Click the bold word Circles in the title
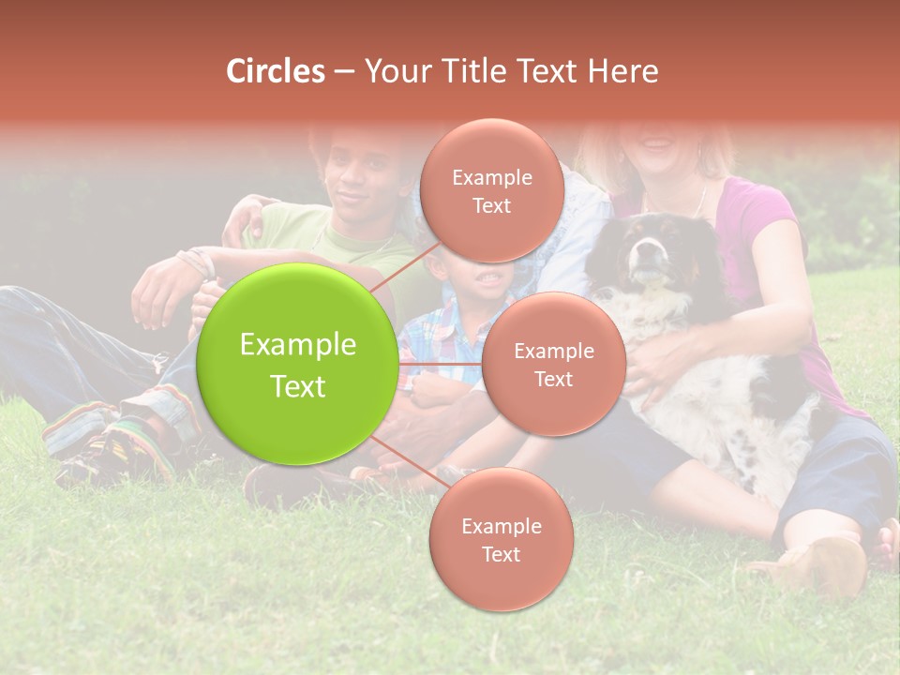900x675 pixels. [x=275, y=71]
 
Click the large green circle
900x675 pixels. [x=297, y=364]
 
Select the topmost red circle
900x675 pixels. [x=491, y=190]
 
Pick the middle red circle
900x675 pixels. [x=553, y=364]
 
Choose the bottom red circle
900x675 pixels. [x=501, y=539]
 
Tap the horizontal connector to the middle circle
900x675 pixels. [x=439, y=363]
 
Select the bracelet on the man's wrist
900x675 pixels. [x=199, y=262]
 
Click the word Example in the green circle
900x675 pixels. [x=297, y=345]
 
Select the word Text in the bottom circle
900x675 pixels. [x=501, y=554]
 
